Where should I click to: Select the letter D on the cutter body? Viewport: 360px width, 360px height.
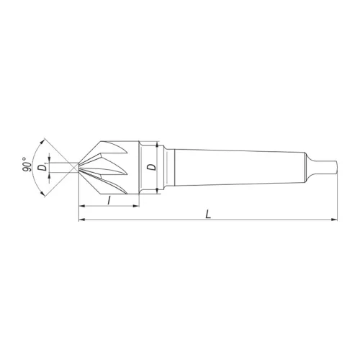pos(150,166)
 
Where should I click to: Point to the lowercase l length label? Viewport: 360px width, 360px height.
pos(108,199)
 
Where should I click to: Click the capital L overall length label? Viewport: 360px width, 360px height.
pos(207,215)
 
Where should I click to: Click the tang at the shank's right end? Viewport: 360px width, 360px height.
pos(328,166)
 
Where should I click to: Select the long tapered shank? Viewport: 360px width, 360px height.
pos(238,166)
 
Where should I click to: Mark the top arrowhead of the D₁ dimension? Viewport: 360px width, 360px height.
pos(49,159)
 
